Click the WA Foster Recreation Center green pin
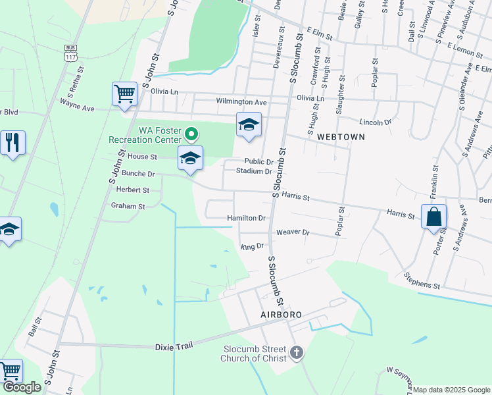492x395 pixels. (191, 134)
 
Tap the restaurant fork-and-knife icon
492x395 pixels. (12, 142)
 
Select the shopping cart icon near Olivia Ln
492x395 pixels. (124, 93)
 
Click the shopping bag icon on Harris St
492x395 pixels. (434, 216)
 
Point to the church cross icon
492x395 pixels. (296, 353)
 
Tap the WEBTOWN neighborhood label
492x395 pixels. (340, 136)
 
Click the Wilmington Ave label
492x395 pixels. (241, 102)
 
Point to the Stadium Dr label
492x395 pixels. (254, 172)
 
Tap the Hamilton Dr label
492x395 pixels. (246, 218)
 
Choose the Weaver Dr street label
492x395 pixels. (293, 232)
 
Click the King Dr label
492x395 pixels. (252, 247)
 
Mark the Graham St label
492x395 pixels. (128, 206)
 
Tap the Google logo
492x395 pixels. (22, 388)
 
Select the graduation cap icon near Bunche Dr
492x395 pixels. (190, 159)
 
